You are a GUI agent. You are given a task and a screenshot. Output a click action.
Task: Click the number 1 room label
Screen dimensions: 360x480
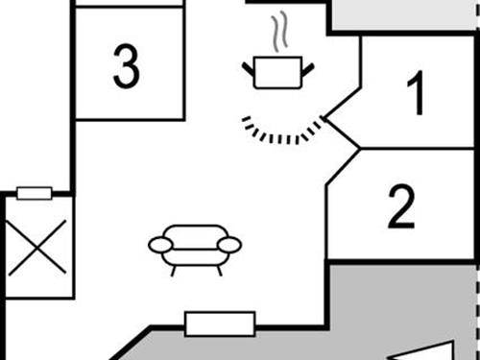pyautogui.click(x=415, y=94)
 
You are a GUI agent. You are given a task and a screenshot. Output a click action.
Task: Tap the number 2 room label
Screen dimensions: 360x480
pyautogui.click(x=402, y=207)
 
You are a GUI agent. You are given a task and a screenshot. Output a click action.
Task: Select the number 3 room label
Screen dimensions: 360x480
pyautogui.click(x=126, y=66)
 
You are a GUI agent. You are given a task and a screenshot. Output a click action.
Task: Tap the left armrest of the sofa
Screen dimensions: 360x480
pyautogui.click(x=159, y=245)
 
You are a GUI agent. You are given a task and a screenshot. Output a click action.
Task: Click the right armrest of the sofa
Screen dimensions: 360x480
pyautogui.click(x=228, y=245)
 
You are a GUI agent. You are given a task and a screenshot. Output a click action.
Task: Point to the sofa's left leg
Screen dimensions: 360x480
pyautogui.click(x=174, y=270)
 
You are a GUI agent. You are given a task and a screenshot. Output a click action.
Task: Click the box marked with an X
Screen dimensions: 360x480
pyautogui.click(x=38, y=247)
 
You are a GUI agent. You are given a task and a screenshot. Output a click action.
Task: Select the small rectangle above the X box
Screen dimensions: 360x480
pyautogui.click(x=35, y=193)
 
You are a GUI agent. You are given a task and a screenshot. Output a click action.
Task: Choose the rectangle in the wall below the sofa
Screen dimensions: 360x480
pyautogui.click(x=220, y=324)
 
